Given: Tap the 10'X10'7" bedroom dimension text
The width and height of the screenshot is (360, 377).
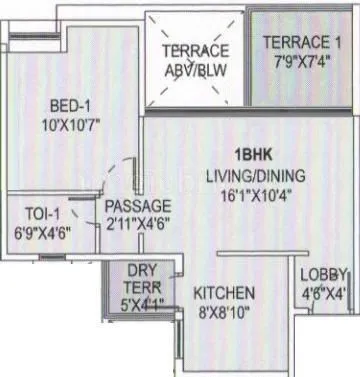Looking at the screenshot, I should [x=67, y=125].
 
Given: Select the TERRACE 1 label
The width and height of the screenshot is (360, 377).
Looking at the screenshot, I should [x=299, y=42].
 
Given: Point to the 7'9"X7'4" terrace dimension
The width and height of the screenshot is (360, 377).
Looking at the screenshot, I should [x=299, y=61].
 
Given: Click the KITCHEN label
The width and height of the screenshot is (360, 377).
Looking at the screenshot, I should [x=224, y=293].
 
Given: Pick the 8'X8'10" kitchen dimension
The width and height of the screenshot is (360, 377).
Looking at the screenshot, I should [x=224, y=312].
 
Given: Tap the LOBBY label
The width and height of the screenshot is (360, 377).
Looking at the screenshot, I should [x=325, y=274].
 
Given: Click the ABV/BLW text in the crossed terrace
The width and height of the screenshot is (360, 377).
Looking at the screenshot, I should [x=194, y=70].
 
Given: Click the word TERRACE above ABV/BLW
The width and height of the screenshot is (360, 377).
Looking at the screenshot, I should [x=194, y=50].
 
